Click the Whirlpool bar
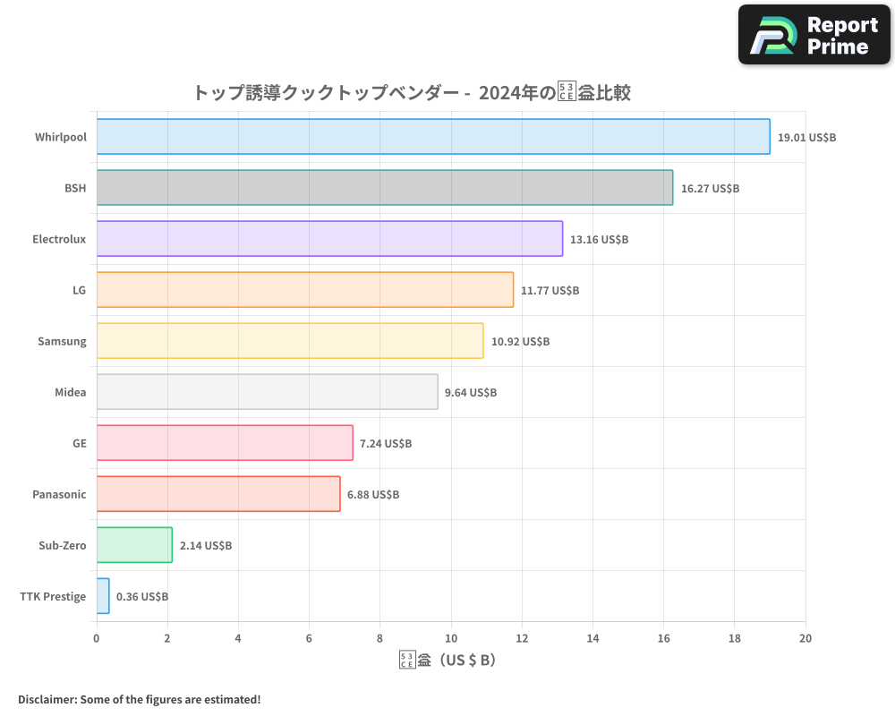433,137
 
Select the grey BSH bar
385,188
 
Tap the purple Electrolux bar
329,239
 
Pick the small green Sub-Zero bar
134,545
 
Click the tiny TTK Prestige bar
103,596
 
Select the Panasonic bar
218,494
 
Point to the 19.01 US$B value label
806,138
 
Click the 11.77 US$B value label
550,291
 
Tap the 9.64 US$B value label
470,393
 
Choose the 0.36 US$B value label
142,597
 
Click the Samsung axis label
62,341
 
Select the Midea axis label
71,392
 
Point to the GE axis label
80,443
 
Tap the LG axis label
80,290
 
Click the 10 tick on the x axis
451,638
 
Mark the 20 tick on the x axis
805,638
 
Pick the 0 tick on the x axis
97,638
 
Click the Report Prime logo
814,35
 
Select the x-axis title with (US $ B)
447,661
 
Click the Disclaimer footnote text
139,699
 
